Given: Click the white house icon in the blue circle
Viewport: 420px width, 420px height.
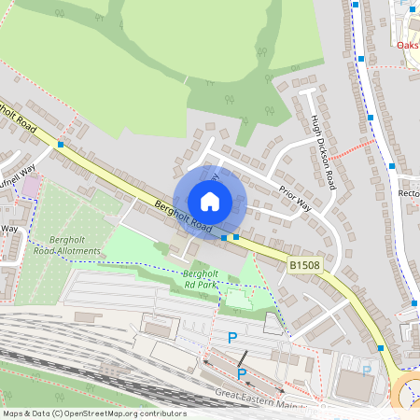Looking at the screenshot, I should pos(210,202).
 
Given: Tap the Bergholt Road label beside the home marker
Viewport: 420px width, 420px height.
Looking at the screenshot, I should pos(185,217).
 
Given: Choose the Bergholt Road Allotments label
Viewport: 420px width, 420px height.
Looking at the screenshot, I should pos(67,245).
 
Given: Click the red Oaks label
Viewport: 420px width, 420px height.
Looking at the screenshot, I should pos(407,44).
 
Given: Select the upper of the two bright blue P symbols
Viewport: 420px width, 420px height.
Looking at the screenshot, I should pos(232,338).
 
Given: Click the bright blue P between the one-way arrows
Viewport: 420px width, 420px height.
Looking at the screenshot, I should pos(242,374).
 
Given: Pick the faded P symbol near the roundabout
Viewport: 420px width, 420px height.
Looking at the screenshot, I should pos(367,371).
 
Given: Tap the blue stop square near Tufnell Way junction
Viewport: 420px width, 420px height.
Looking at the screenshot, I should pos(61,145).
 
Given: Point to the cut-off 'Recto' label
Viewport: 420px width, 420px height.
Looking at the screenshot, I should pos(409,194).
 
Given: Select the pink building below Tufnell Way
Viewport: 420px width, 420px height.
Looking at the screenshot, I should pos(31,187).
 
